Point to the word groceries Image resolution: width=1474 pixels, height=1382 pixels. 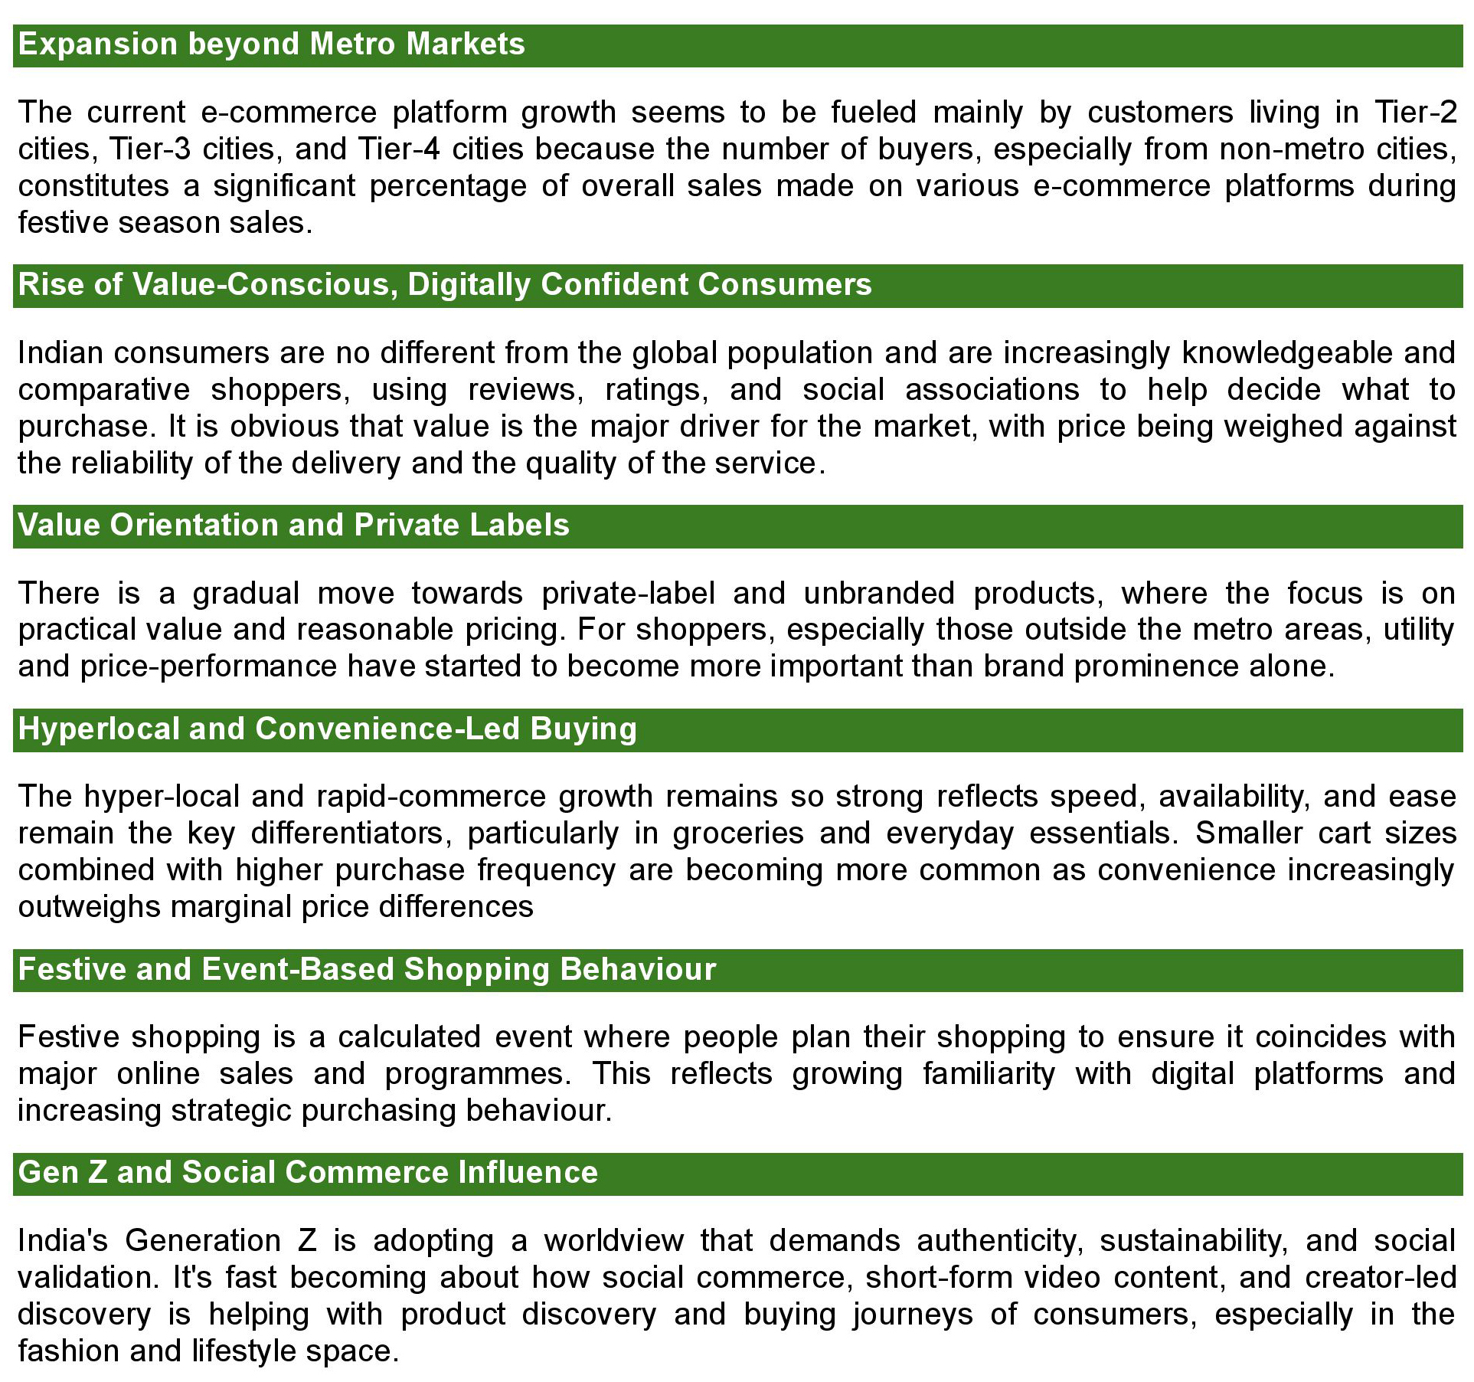point(738,833)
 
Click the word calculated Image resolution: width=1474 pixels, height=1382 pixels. point(409,1037)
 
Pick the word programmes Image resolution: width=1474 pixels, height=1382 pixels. point(478,1074)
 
